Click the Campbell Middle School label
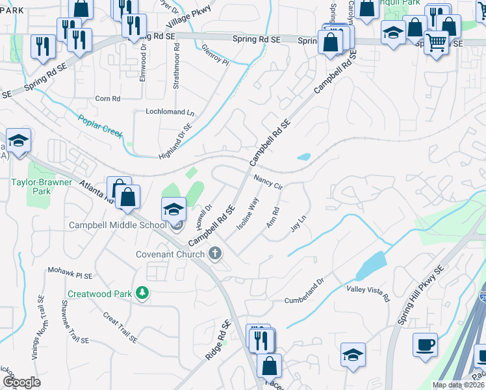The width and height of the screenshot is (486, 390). (118, 225)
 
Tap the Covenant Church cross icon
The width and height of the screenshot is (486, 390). (215, 254)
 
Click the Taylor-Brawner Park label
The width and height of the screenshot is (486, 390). (41, 187)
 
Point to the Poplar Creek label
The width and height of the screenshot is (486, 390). (101, 125)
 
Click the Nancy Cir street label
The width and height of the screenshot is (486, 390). (268, 181)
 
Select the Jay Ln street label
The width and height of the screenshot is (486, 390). (298, 225)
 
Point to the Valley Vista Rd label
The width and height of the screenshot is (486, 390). (368, 293)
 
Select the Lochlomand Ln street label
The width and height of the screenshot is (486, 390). (170, 112)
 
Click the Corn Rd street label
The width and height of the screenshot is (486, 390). (108, 99)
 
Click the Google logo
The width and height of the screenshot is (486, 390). (21, 382)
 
